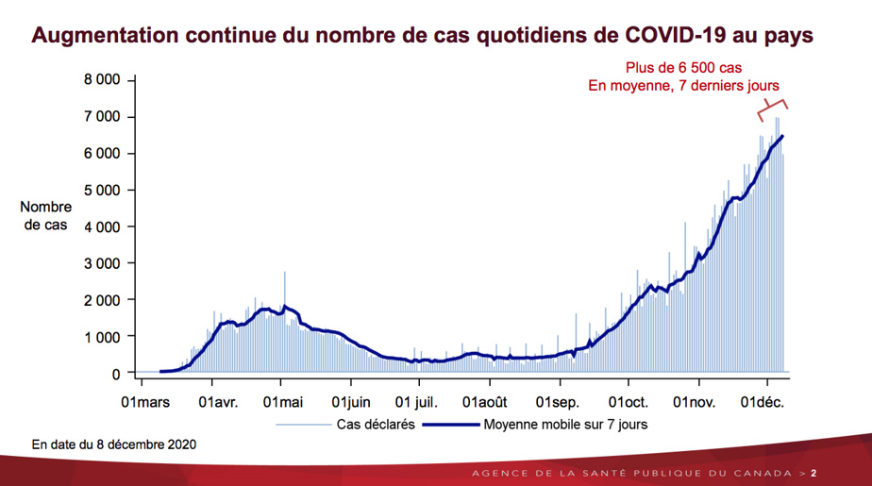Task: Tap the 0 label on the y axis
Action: (115, 374)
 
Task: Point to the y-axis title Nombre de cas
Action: (45, 216)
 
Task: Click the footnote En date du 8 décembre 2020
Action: (115, 443)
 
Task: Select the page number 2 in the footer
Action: (814, 472)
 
